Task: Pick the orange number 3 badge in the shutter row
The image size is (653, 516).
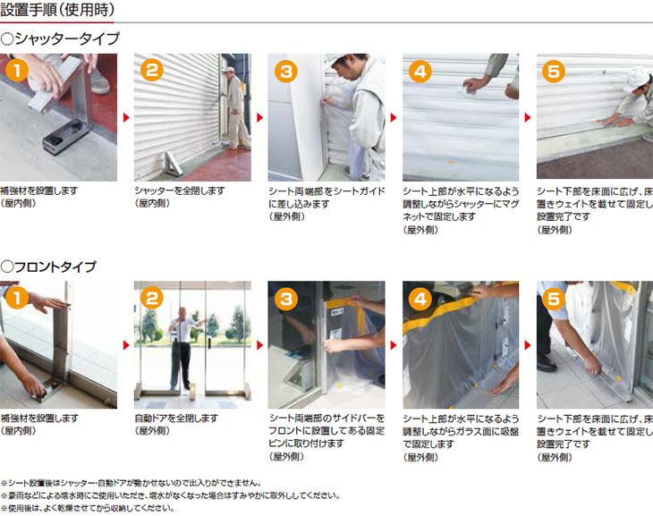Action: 285,72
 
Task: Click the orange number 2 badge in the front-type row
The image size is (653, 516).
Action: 151,299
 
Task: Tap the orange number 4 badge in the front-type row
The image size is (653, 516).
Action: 420,299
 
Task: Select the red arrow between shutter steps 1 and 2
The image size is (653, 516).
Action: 126,117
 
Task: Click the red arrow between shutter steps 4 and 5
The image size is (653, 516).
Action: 528,117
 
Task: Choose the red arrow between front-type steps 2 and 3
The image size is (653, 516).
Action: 260,344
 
